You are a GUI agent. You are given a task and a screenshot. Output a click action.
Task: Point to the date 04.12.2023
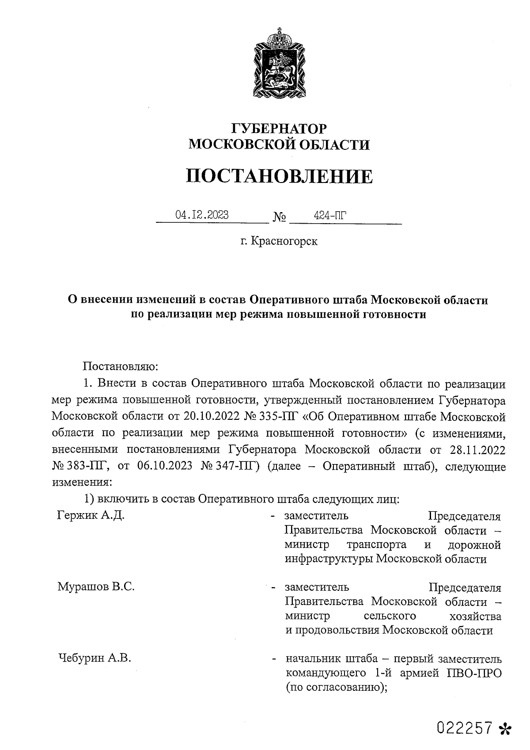pyautogui.click(x=202, y=215)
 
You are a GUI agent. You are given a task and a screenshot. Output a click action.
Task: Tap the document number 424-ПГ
pyautogui.click(x=329, y=215)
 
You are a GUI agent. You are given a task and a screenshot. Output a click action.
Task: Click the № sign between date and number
pyautogui.click(x=280, y=217)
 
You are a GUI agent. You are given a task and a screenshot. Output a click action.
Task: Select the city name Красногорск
pyautogui.click(x=284, y=241)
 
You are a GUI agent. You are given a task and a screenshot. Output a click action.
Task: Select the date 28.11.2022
pyautogui.click(x=477, y=450)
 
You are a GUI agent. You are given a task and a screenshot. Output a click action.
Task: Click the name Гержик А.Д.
pyautogui.click(x=91, y=515)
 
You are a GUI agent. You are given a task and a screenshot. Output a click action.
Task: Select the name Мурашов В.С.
pyautogui.click(x=96, y=586)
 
